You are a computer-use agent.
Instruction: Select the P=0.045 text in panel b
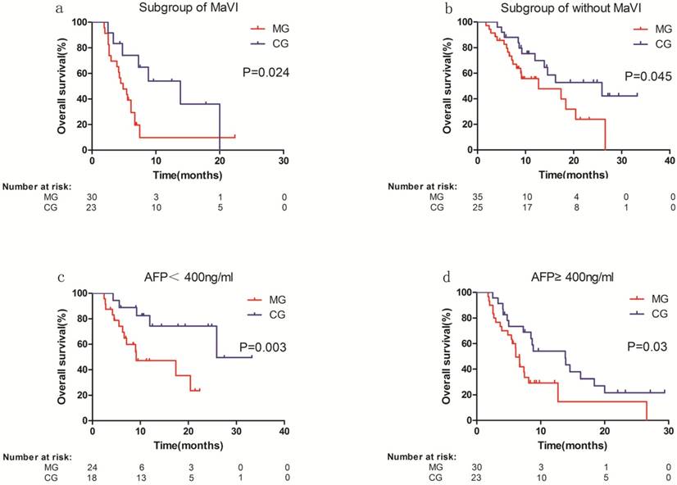click(x=647, y=77)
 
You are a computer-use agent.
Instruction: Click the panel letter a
click(x=61, y=10)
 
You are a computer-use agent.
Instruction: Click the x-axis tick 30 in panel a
click(x=283, y=161)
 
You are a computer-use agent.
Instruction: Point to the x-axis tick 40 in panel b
click(x=669, y=161)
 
